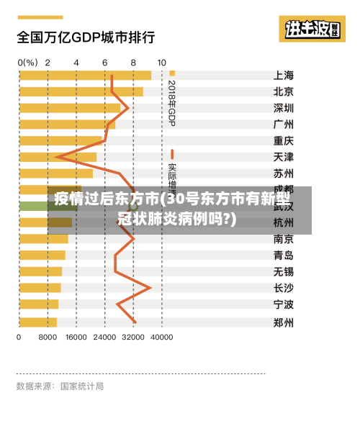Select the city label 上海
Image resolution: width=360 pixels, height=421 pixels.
coord(284,75)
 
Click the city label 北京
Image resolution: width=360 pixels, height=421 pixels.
coord(284,91)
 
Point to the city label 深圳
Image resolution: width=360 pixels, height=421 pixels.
coord(284,108)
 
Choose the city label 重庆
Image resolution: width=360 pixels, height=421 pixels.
coord(284,140)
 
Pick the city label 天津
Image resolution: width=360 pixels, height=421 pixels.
coord(284,157)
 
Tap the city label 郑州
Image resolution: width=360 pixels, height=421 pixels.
coord(284,322)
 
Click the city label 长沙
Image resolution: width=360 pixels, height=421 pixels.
coord(284,288)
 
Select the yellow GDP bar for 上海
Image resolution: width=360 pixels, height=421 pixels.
coord(85,75)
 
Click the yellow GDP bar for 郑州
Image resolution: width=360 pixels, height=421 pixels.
coord(37,322)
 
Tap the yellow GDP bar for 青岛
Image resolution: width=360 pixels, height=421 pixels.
coord(42,255)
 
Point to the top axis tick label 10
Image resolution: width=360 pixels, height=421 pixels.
coord(161,63)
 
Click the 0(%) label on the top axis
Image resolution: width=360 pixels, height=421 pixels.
coord(27,63)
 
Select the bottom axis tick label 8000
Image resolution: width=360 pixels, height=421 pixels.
coord(48,336)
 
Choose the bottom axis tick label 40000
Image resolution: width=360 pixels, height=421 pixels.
coord(161,336)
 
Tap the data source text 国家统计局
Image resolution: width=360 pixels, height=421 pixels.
coord(81,386)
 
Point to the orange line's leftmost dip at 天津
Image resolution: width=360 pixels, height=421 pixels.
coord(57,156)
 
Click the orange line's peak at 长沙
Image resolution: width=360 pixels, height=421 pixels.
coord(150,288)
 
